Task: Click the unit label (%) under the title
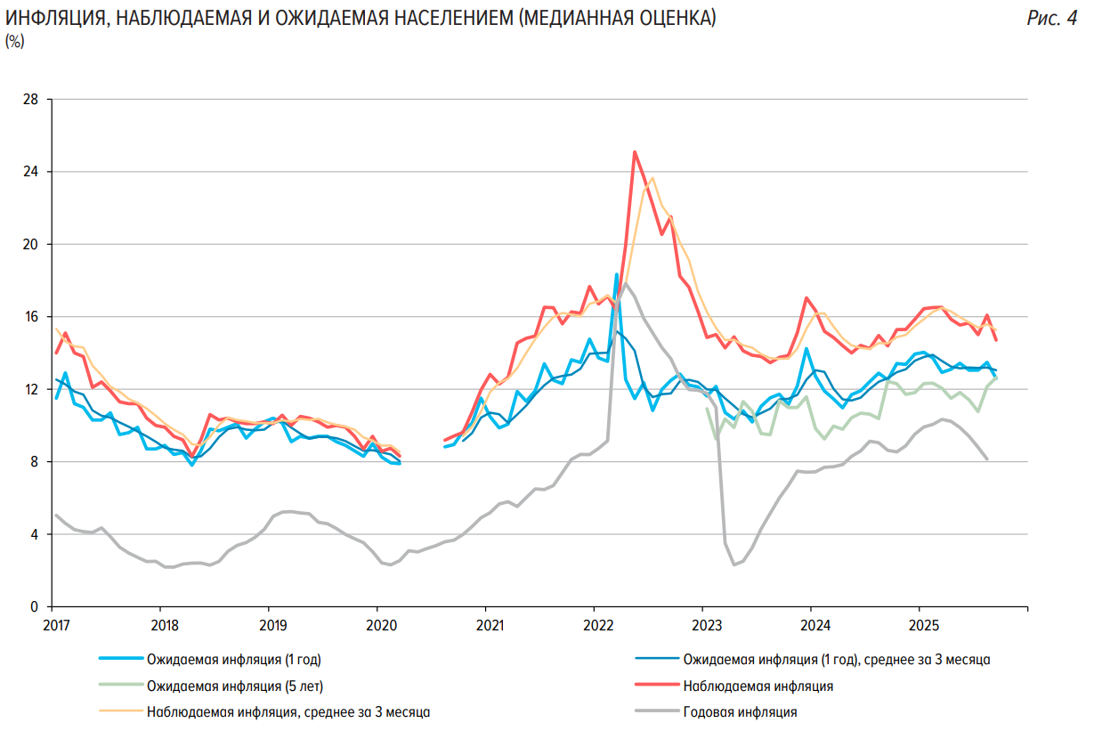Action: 15,41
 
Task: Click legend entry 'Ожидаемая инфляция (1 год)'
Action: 233,660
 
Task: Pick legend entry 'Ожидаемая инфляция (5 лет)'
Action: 234,686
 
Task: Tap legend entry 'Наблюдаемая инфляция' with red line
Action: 758,686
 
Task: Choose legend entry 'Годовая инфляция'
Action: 740,711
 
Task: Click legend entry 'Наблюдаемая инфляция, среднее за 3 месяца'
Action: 288,711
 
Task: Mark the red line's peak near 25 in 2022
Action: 635,151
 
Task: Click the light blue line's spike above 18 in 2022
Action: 616,274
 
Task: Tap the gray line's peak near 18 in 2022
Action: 626,284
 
